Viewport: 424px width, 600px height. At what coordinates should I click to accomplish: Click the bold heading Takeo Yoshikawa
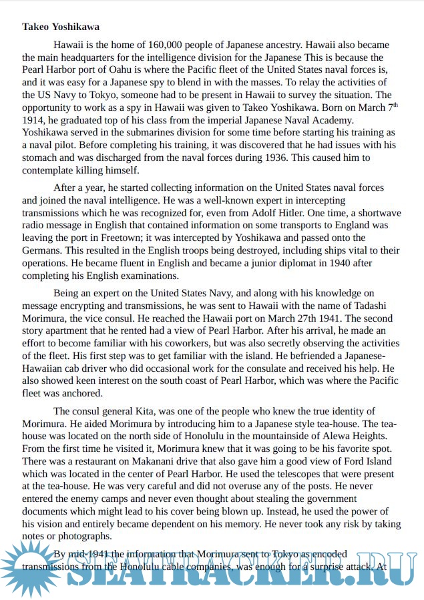click(61, 27)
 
